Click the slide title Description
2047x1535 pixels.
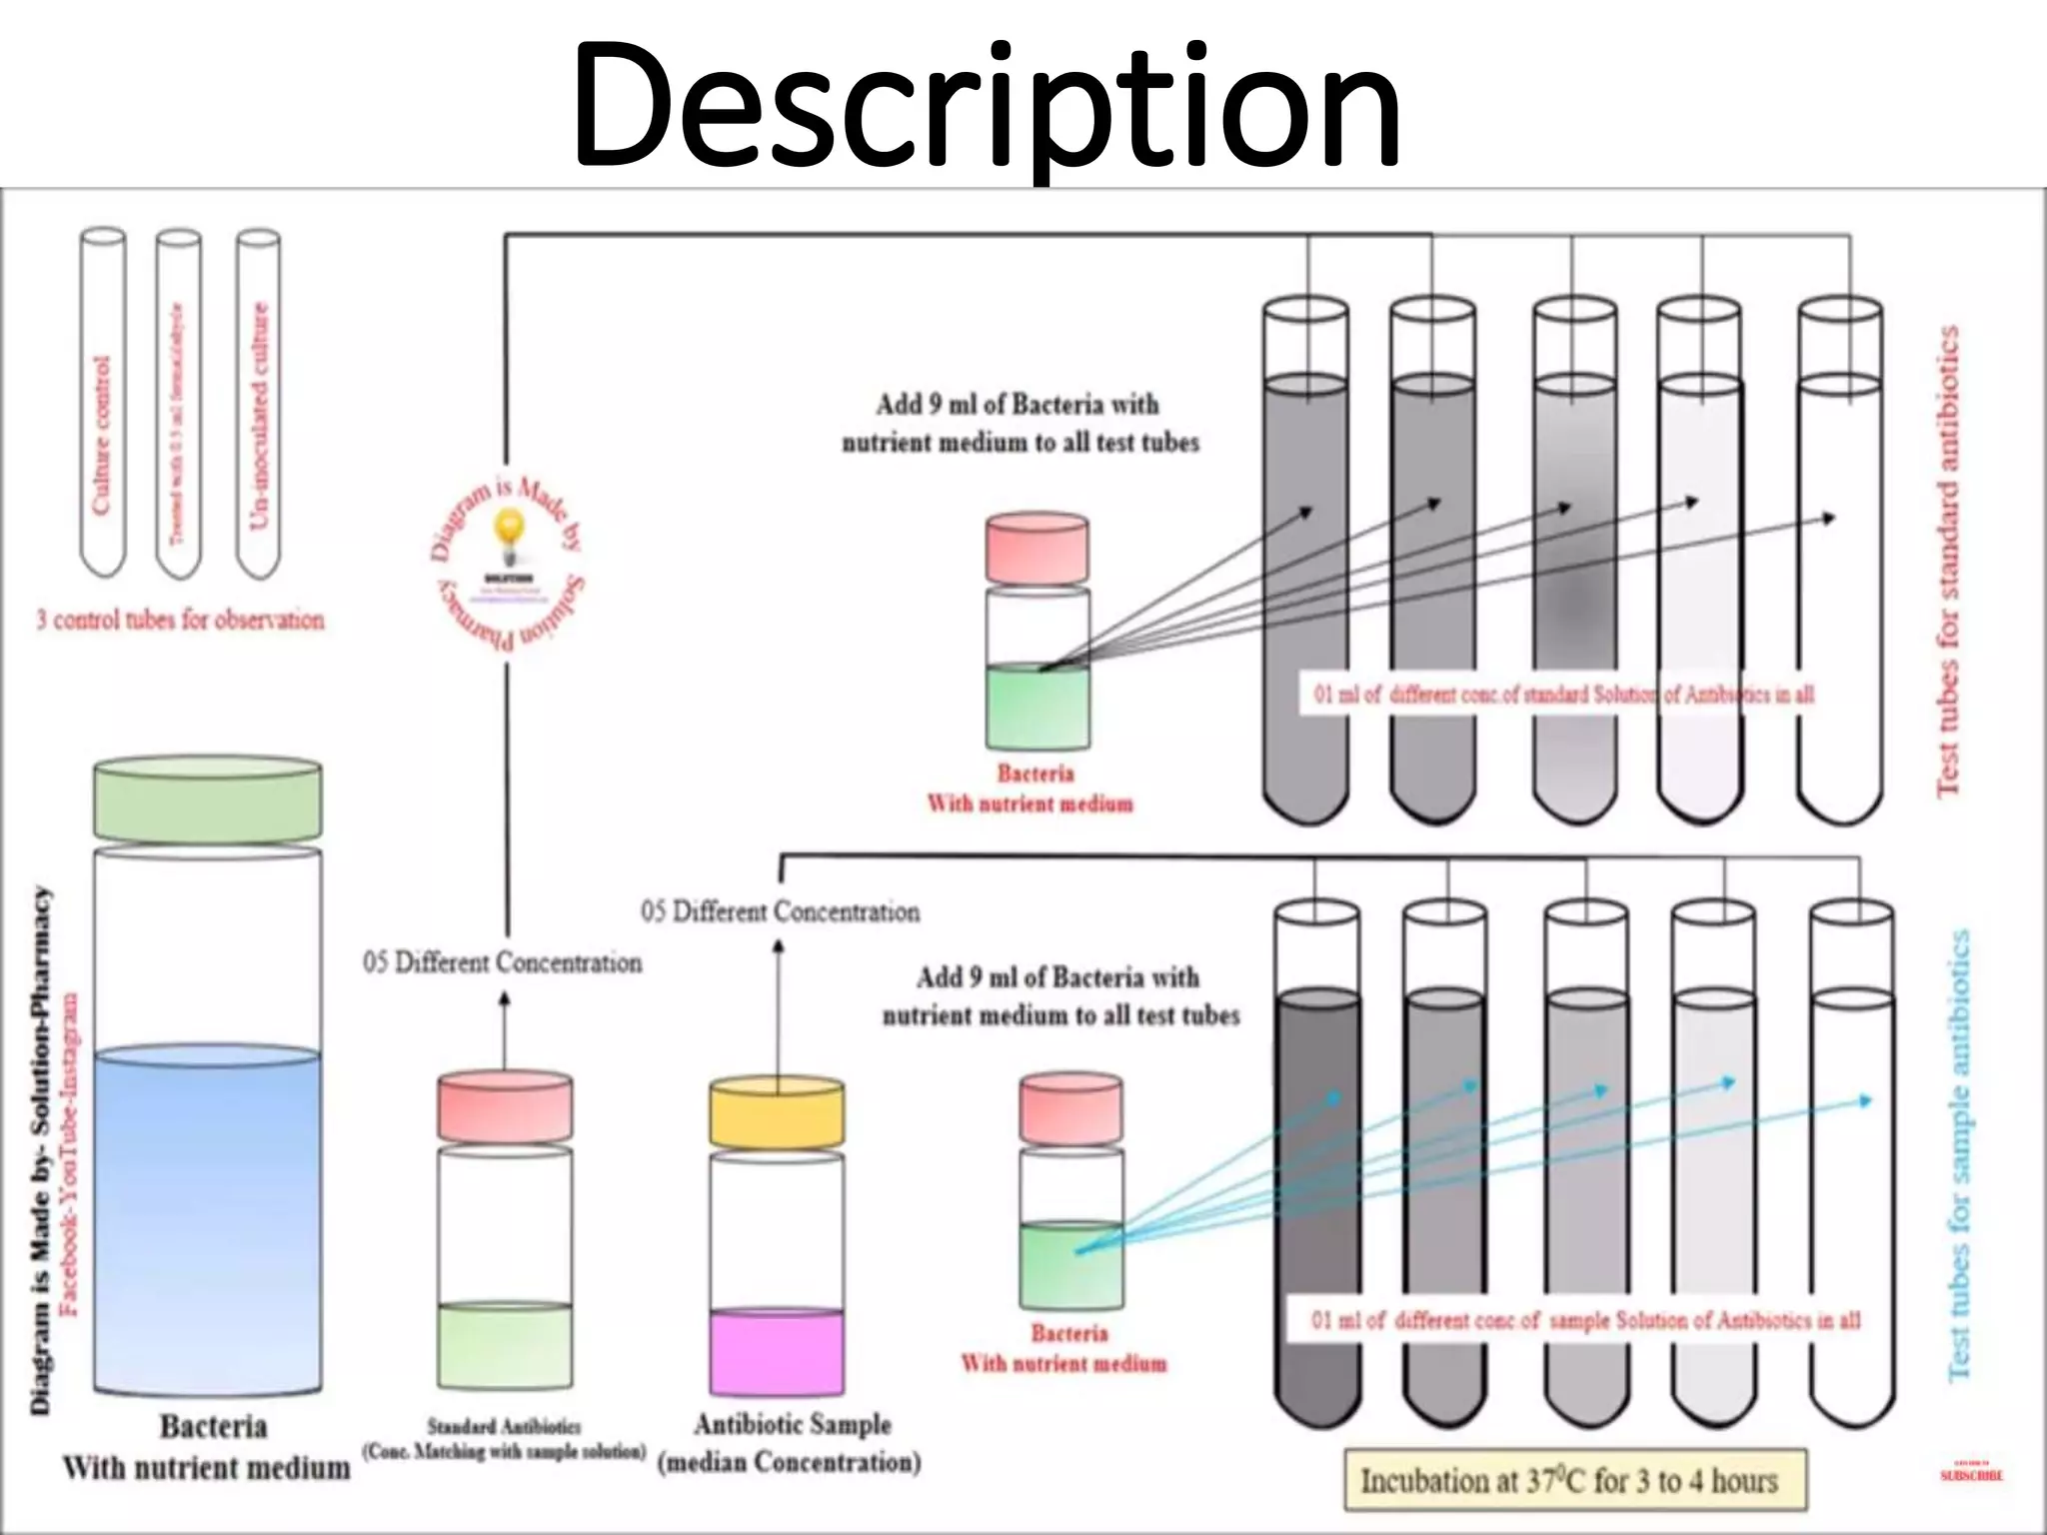tap(988, 105)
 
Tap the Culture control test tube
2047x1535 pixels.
tap(103, 420)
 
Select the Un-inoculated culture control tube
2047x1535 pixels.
tap(258, 420)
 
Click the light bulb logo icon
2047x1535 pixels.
tap(510, 527)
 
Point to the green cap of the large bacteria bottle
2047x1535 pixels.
tap(208, 799)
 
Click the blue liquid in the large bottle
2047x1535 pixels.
tap(208, 1219)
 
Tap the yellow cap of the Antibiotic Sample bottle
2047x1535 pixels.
tap(777, 1114)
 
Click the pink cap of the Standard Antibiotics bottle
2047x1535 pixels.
tap(505, 1107)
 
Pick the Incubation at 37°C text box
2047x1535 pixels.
tap(1575, 1480)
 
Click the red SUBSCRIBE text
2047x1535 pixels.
tap(1971, 1475)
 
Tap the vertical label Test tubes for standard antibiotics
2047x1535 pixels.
tap(1949, 560)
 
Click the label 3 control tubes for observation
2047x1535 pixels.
tap(180, 620)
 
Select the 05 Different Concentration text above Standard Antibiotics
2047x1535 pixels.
tap(502, 962)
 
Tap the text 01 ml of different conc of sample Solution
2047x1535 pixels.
tap(1585, 1320)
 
